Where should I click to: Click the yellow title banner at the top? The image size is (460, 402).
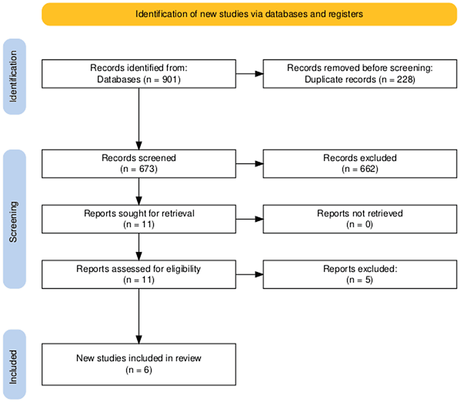tap(250, 14)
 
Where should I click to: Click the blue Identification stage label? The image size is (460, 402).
tap(14, 77)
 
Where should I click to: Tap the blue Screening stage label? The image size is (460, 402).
tap(14, 219)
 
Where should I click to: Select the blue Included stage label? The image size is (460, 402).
tap(14, 364)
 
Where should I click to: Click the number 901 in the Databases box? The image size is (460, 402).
tap(169, 79)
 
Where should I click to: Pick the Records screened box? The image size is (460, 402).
tap(139, 164)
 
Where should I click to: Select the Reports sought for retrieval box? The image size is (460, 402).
tap(139, 219)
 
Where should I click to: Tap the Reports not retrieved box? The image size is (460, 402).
tap(360, 219)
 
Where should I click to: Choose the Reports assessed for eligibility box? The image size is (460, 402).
tap(139, 274)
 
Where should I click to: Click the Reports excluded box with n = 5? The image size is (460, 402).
tap(360, 274)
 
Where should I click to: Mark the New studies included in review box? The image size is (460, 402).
tap(139, 364)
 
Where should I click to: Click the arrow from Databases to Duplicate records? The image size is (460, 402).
tap(250, 74)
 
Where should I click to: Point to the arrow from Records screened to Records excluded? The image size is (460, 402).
tap(250, 164)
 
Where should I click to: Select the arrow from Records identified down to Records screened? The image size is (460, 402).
tap(139, 119)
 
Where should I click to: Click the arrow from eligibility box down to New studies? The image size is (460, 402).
tap(139, 316)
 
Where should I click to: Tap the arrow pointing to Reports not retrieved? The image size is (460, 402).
tap(250, 219)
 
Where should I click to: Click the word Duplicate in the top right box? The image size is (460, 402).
tap(340, 79)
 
